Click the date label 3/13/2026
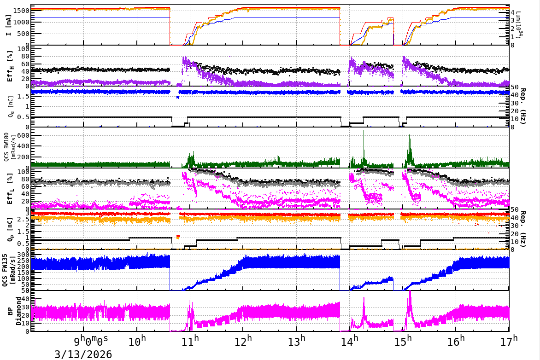click(x=83, y=354)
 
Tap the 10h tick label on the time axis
click(x=137, y=342)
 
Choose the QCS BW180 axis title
click(x=10, y=146)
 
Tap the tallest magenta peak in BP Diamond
click(x=410, y=293)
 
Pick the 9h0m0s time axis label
click(x=91, y=342)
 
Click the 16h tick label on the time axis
click(x=456, y=342)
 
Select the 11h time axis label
click(x=190, y=342)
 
